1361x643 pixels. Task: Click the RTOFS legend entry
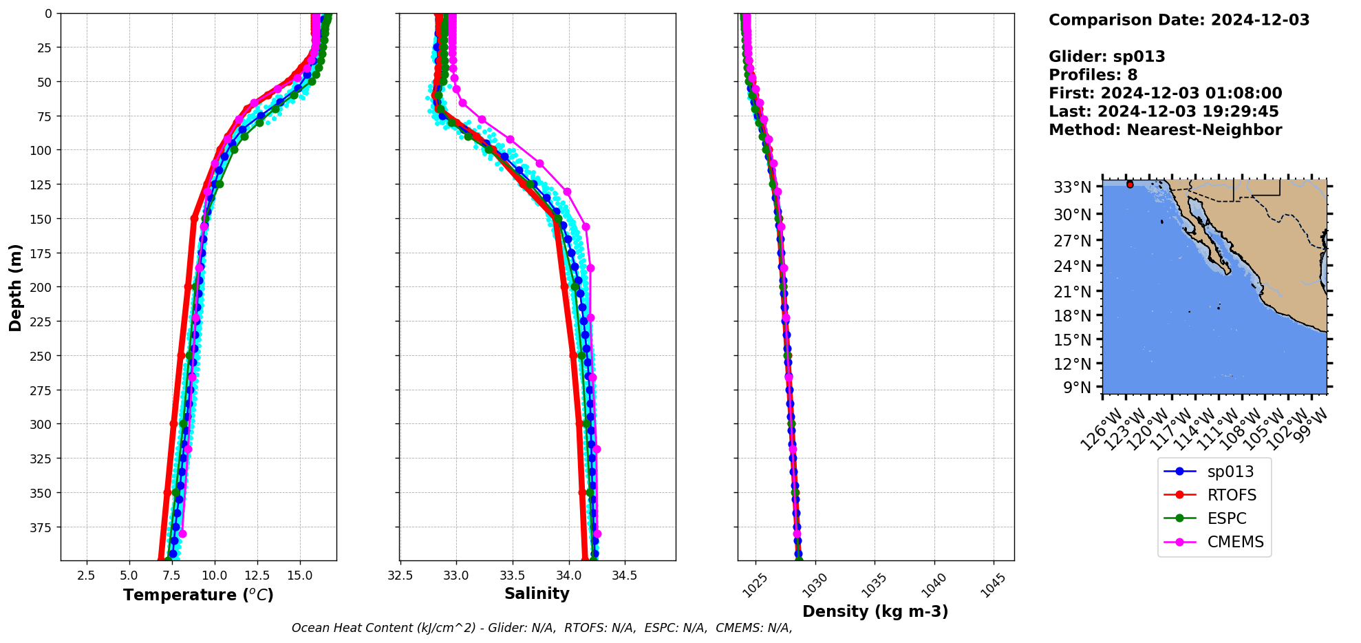click(1231, 495)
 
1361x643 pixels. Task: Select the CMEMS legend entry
click(1235, 542)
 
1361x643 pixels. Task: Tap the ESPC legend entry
click(1226, 518)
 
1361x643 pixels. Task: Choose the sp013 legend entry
click(1230, 472)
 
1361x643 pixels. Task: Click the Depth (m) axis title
click(15, 287)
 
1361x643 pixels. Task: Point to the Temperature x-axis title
click(198, 595)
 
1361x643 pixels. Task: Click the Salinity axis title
click(537, 593)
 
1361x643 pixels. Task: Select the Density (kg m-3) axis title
click(875, 611)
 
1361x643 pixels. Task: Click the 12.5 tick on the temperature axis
click(257, 576)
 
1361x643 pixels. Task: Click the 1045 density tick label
click(992, 585)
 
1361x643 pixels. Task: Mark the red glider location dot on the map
click(1130, 185)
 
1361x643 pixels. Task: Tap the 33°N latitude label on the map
click(1072, 187)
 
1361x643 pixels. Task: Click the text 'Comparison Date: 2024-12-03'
click(1179, 20)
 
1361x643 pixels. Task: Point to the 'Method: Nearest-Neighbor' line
click(1165, 130)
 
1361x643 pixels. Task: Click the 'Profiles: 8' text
click(1093, 75)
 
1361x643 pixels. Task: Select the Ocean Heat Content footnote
click(542, 628)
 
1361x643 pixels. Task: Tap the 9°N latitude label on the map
click(1077, 388)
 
